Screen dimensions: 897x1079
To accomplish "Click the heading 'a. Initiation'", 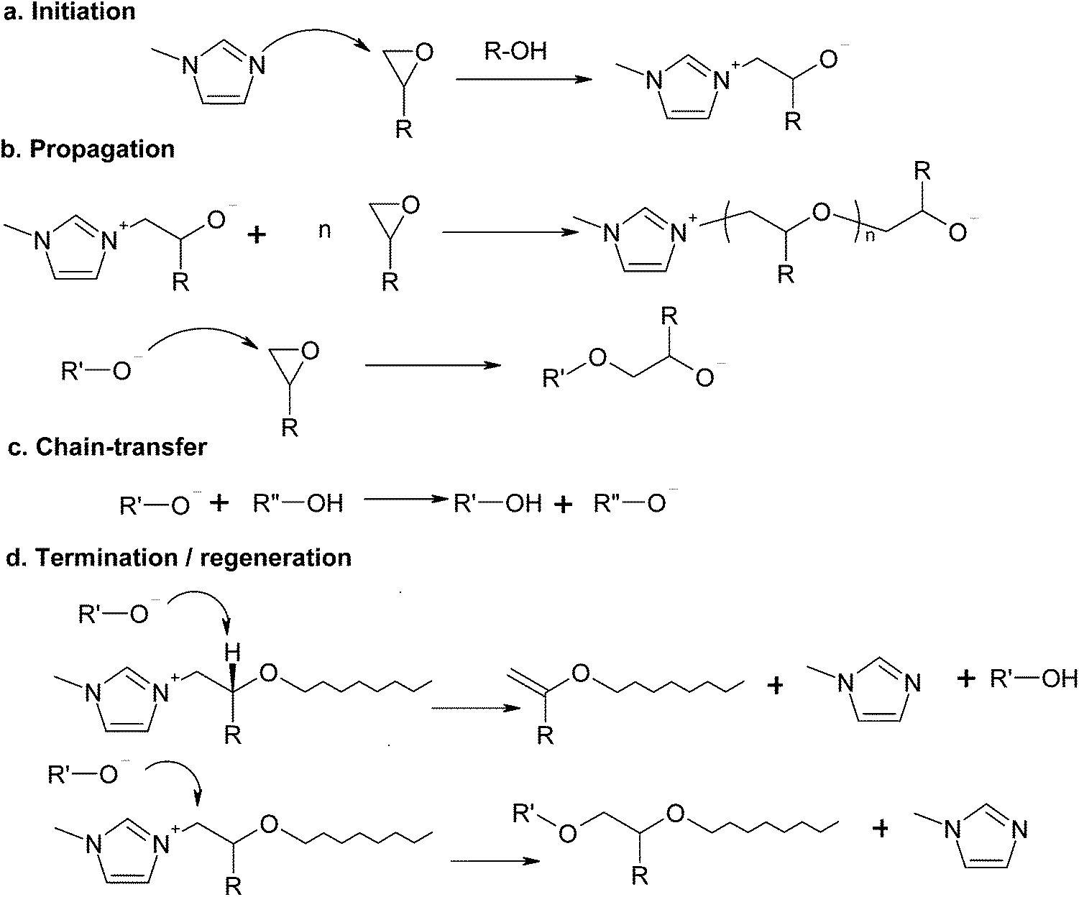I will tap(70, 12).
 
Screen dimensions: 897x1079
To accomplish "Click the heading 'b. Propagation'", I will tap(88, 149).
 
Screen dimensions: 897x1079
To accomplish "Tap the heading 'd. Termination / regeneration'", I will tap(178, 558).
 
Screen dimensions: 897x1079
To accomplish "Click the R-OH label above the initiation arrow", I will tap(515, 52).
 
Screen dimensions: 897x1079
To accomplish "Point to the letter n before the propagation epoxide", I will tap(325, 232).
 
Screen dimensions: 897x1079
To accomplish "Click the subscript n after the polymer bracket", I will tap(871, 239).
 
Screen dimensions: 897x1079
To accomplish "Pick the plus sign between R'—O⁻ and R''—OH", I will tap(220, 503).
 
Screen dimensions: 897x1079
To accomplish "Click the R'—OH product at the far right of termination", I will tap(1034, 678).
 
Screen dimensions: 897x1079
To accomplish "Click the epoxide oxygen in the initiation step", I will tap(424, 53).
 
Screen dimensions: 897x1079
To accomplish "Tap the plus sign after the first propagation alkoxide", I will tap(257, 234).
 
